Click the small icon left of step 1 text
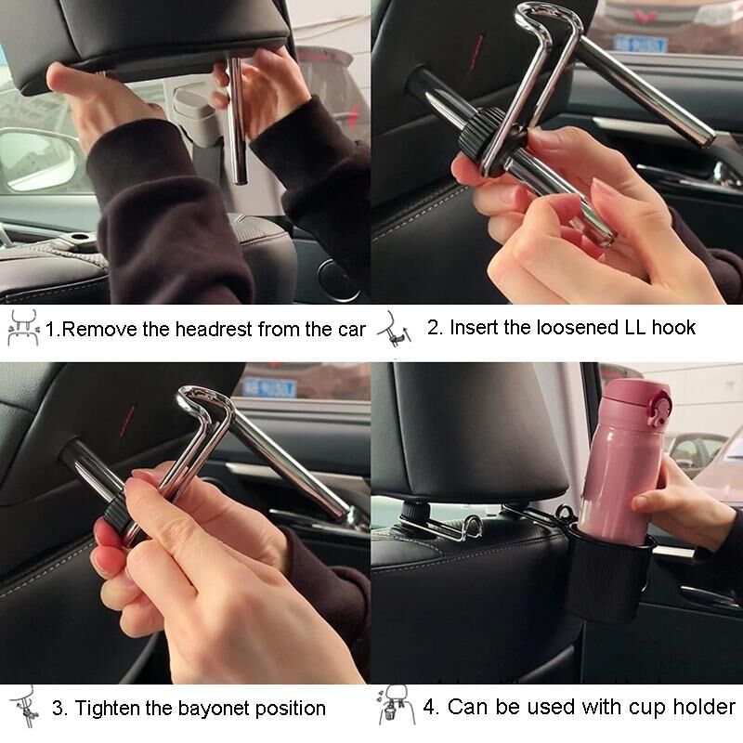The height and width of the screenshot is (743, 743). (x=22, y=327)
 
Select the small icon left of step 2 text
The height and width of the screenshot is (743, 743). (x=394, y=328)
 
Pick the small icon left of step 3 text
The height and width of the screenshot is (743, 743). (x=26, y=707)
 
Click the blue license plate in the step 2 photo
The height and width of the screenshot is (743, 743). (x=641, y=44)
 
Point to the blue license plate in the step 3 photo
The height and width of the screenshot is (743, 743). (x=269, y=387)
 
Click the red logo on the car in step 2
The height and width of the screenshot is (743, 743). (x=642, y=17)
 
